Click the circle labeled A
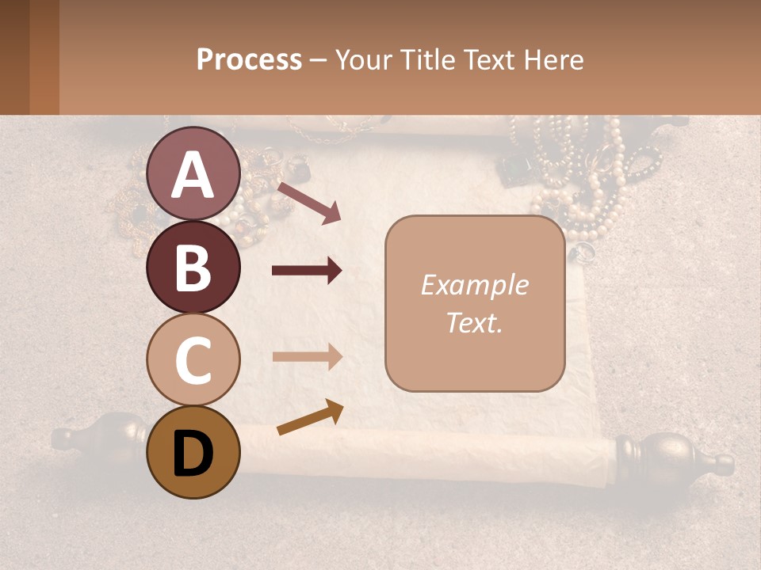[x=193, y=174]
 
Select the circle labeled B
[x=193, y=267]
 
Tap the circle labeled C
[x=193, y=359]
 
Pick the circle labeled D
[x=193, y=452]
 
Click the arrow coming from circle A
[x=309, y=203]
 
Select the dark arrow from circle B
[x=307, y=271]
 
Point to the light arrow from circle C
[x=307, y=356]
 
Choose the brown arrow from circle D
[x=310, y=418]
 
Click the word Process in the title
[x=249, y=59]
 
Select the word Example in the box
[x=474, y=285]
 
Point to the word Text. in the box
[x=474, y=322]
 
